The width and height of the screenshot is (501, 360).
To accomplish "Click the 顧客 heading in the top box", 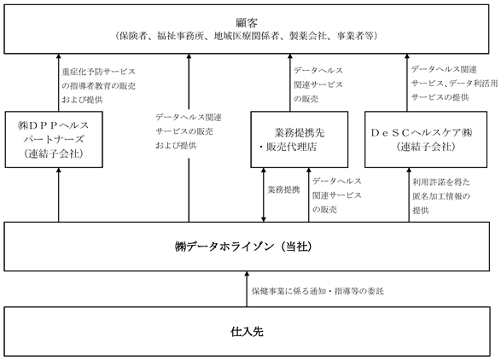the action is click(247, 23).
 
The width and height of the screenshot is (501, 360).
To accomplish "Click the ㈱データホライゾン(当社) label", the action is click(243, 247).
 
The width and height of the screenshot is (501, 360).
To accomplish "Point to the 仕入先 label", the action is click(247, 332).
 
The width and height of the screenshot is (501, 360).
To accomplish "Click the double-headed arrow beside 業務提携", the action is click(263, 195).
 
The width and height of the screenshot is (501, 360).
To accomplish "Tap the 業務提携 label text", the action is click(283, 189).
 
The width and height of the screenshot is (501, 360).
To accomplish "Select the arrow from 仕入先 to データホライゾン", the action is click(247, 289).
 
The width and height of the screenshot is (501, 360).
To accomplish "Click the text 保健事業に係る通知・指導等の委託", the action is click(317, 291).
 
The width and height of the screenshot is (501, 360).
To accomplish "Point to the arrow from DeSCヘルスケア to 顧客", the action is click(407, 83).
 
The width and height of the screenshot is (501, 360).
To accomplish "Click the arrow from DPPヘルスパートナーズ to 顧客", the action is click(59, 83).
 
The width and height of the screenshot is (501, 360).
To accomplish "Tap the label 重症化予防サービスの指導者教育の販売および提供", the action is click(98, 85).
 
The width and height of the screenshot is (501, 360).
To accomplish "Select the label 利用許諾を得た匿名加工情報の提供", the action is click(441, 196).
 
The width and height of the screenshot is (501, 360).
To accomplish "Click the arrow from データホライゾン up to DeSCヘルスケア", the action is click(409, 195).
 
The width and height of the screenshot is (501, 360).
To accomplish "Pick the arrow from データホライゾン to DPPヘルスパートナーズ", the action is click(59, 195).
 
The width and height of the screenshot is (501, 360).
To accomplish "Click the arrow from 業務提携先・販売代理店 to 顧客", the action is click(290, 83).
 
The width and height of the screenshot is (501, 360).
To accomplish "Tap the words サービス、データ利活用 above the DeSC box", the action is click(454, 84).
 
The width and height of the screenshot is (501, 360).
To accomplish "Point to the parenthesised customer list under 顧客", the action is click(247, 36).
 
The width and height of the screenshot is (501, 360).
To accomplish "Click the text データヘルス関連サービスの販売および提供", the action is click(189, 131).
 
